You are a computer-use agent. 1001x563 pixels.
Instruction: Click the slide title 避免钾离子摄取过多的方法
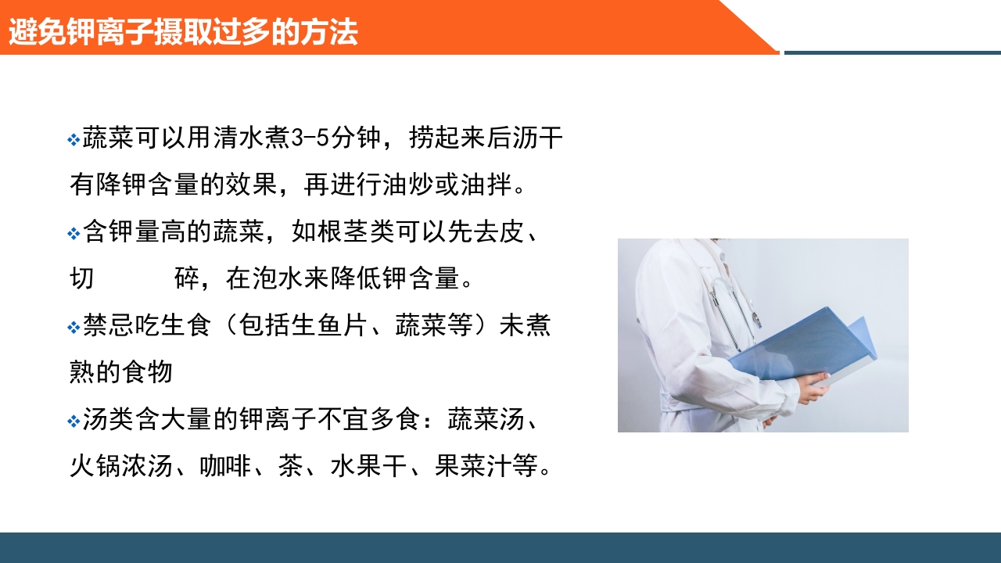[183, 33]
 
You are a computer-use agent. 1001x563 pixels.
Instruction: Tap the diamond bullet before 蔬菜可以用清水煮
[74, 141]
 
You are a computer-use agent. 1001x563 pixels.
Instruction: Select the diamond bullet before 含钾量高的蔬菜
[74, 234]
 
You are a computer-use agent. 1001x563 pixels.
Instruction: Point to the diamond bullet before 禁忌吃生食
[74, 328]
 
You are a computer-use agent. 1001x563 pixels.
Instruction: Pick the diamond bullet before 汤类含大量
[74, 421]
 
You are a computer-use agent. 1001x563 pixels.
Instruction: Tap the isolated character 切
[82, 280]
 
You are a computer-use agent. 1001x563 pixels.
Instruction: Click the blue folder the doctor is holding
[805, 348]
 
